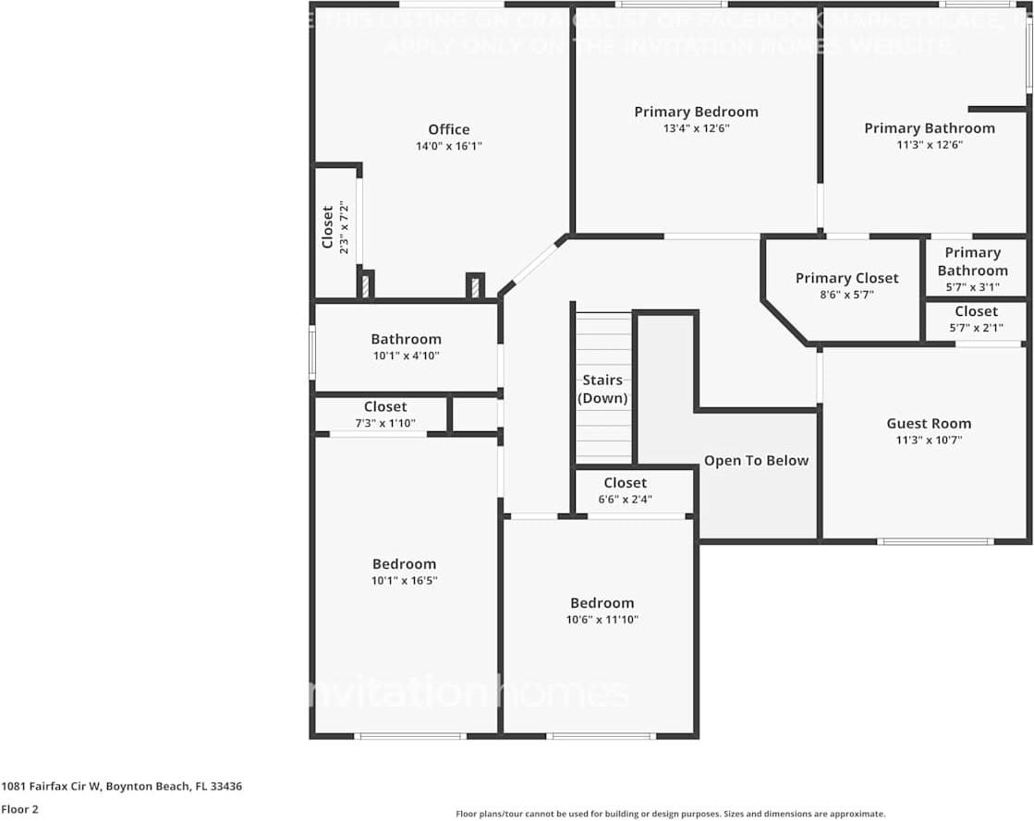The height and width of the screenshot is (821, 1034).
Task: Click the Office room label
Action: (448, 130)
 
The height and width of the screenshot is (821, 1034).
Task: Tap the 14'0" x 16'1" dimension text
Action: (448, 146)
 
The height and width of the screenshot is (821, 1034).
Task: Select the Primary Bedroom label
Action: (696, 112)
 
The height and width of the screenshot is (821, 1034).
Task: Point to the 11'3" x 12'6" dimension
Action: (930, 144)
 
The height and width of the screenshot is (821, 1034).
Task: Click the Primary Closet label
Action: (846, 278)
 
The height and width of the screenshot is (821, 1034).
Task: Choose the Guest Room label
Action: (929, 424)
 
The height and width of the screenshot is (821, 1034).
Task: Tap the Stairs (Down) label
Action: (602, 389)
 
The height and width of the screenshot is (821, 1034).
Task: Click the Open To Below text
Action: (756, 461)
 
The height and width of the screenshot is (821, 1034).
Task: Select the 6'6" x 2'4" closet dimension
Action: (625, 500)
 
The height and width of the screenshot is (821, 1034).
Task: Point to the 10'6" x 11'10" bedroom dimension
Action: (602, 620)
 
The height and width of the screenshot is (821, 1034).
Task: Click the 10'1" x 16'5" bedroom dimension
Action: (404, 581)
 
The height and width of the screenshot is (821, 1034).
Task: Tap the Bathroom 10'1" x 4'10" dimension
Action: (406, 356)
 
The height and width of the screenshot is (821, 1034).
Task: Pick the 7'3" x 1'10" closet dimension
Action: (384, 423)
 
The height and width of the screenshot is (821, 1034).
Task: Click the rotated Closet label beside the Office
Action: (327, 227)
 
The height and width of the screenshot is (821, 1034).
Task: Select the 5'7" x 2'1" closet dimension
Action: (976, 328)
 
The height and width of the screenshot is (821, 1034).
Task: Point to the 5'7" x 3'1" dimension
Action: (972, 287)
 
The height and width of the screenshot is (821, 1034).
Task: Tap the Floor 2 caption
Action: (18, 809)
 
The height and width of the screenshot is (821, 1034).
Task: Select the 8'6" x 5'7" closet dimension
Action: (846, 295)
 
